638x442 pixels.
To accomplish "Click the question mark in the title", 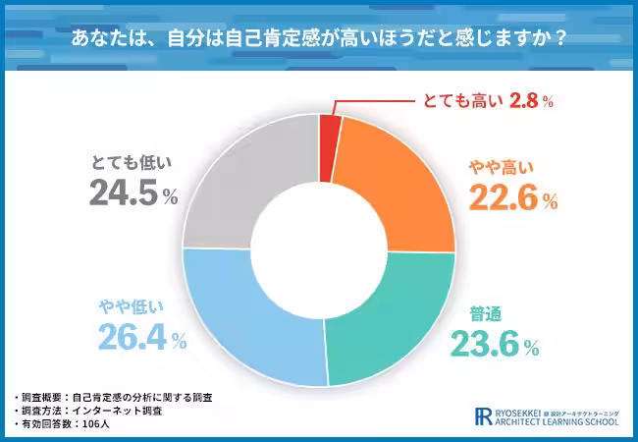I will pos(559,40).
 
